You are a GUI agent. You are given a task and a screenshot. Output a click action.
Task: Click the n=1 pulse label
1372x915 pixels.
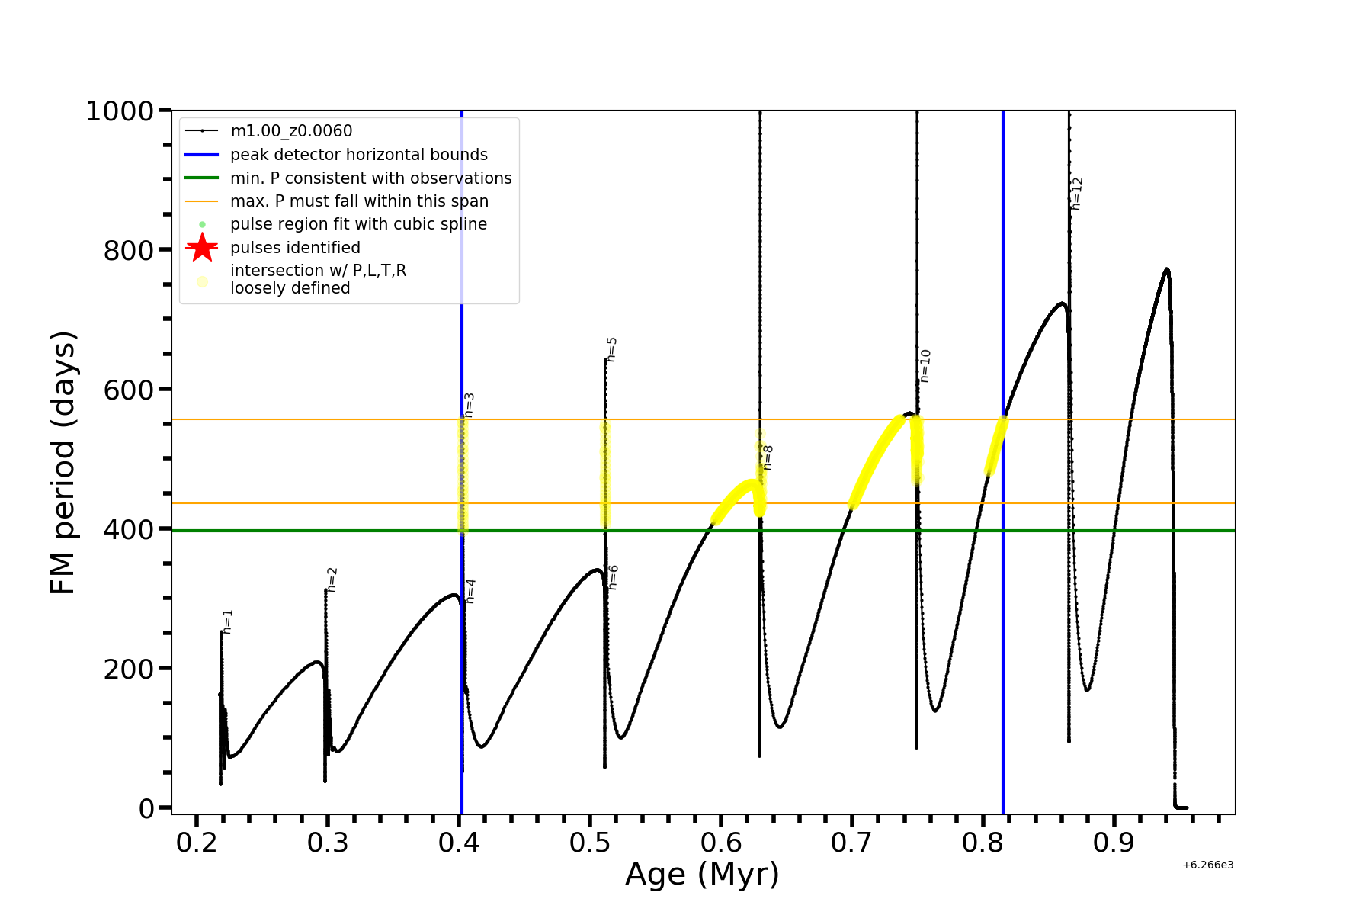point(228,621)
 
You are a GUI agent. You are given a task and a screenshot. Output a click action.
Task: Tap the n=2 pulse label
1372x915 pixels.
point(332,579)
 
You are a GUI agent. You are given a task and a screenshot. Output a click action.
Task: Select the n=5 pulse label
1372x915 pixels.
point(611,349)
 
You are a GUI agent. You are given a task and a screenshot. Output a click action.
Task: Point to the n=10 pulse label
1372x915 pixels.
point(925,366)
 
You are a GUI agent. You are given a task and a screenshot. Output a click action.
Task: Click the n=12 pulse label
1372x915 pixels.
point(1077,194)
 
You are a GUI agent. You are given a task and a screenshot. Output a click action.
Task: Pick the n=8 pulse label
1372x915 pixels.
point(768,457)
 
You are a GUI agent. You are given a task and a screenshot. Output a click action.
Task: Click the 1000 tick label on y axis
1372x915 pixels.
point(120,111)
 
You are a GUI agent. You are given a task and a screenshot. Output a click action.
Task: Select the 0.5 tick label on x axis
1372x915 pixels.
point(590,843)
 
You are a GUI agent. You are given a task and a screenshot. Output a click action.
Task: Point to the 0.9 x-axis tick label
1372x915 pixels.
point(1114,843)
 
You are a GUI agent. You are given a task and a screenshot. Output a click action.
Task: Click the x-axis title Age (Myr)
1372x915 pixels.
point(702,874)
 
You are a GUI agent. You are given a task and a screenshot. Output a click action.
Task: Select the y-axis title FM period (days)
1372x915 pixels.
point(63,463)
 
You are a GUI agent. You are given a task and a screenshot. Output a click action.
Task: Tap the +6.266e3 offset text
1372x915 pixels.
point(1207,865)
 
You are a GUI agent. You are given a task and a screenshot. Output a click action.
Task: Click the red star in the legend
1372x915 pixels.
point(202,247)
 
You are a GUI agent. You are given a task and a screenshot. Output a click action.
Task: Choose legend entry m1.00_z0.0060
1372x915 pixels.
point(291,131)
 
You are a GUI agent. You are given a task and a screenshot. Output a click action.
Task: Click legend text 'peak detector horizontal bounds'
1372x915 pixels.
point(358,155)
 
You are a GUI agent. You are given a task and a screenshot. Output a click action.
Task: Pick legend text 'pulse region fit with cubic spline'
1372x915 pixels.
point(358,224)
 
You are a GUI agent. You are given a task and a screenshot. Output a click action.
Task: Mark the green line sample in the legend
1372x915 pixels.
point(202,178)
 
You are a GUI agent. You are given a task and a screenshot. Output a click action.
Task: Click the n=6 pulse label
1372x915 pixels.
point(614,577)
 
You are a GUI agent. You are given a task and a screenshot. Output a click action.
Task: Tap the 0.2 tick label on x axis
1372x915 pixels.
point(197,843)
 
